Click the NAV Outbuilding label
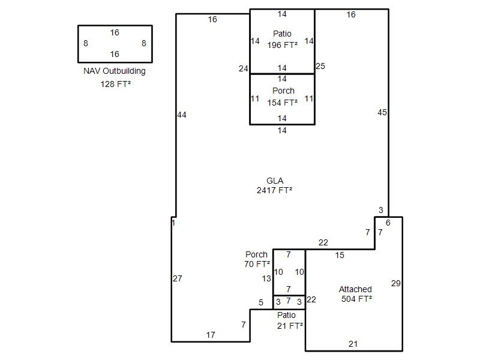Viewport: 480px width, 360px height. point(115,71)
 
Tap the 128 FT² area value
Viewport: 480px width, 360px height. point(116,84)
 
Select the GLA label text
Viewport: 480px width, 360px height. point(275,181)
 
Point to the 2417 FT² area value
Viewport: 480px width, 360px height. point(274,190)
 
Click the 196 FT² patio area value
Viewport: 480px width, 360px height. point(282,45)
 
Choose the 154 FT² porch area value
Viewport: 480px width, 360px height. point(282,103)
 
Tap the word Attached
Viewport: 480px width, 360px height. point(355,289)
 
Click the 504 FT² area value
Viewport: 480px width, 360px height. point(356,299)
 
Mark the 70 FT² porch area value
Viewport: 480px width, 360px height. point(257,264)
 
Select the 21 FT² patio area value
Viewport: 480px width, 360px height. point(290,326)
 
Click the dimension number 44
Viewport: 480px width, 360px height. point(182,115)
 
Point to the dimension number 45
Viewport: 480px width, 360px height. point(382,112)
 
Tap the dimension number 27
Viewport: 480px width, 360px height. point(178,278)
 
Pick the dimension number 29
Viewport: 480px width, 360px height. point(396,283)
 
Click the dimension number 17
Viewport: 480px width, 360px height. point(211,335)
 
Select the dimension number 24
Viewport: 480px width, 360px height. point(244,68)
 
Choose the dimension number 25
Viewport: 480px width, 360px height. point(320,66)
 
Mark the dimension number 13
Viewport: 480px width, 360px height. point(266,278)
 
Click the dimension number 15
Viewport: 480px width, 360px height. point(340,255)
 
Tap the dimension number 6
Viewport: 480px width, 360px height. point(388,223)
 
